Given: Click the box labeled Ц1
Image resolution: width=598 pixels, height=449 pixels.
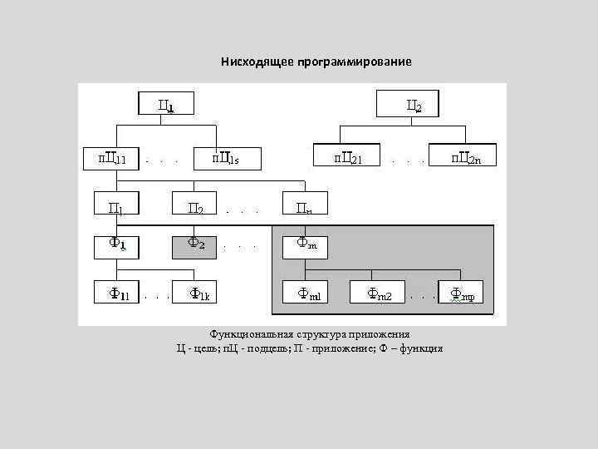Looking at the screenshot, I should click(x=166, y=105).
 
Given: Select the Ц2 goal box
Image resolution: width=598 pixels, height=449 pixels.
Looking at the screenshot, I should click(x=409, y=105).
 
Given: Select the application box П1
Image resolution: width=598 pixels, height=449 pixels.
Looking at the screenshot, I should click(x=115, y=205).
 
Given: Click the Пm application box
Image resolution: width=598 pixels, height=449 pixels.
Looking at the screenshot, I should click(x=306, y=205).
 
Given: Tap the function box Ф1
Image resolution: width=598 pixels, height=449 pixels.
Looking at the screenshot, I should click(x=115, y=246).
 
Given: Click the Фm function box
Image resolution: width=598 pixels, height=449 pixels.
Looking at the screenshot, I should click(x=306, y=246).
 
